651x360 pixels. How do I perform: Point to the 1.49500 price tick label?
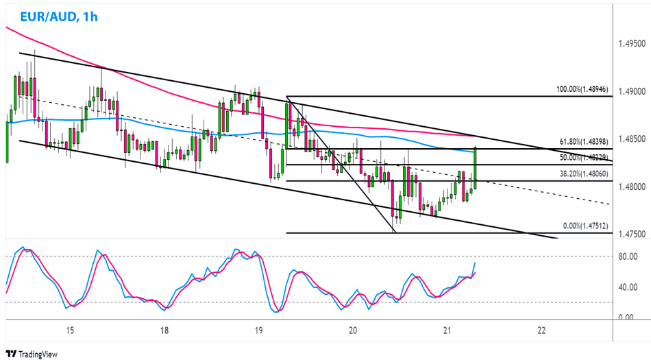click(631, 44)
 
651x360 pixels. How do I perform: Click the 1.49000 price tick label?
click(631, 91)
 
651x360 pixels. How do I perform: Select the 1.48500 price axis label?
click(631, 139)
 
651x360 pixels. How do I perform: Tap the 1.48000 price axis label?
click(631, 187)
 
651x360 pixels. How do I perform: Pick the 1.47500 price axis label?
click(631, 234)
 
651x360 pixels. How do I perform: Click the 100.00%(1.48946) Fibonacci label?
click(583, 90)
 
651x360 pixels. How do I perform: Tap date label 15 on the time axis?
click(70, 331)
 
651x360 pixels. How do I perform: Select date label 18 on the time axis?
click(164, 331)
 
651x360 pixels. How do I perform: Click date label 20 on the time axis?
click(353, 331)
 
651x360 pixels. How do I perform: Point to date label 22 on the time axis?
click(541, 331)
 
